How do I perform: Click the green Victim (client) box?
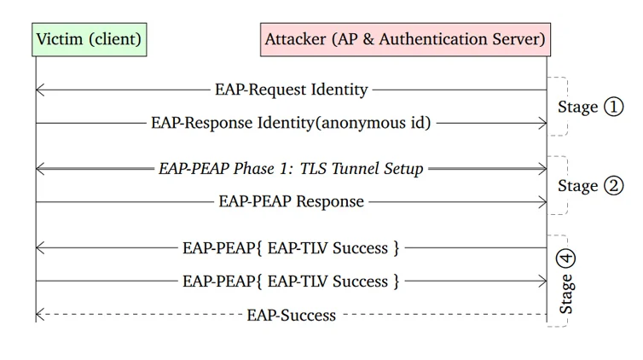point(90,39)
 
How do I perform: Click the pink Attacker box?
point(406,39)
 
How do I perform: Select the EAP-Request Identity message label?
point(291,90)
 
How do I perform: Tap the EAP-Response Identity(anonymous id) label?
point(291,123)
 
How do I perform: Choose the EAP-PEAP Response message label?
point(291,201)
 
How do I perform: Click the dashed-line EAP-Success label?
point(291,315)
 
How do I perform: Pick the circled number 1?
point(613,107)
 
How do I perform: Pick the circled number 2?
point(613,185)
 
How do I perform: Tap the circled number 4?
point(566,258)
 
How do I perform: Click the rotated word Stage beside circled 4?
point(566,294)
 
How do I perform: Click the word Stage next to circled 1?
point(578,107)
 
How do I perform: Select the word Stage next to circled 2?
point(578,186)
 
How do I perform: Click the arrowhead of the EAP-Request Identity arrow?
point(38,90)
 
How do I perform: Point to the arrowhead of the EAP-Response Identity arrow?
point(544,123)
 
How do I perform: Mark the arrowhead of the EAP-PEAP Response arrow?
point(544,201)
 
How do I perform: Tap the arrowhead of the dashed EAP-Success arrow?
point(38,315)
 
